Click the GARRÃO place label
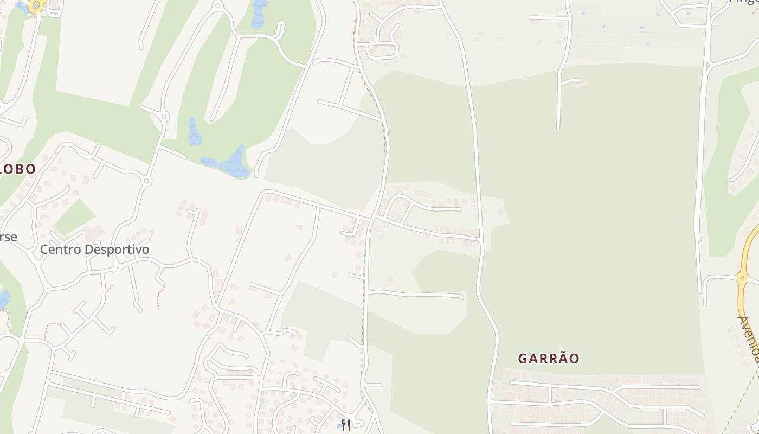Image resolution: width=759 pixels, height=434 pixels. (549, 359)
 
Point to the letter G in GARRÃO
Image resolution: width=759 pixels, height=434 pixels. (523, 359)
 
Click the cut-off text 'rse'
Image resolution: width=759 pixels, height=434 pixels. (8, 237)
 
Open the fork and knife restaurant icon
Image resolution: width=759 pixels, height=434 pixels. (345, 425)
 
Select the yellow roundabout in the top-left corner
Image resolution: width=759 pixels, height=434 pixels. (36, 6)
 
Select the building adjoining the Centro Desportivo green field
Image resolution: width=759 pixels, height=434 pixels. (93, 233)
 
